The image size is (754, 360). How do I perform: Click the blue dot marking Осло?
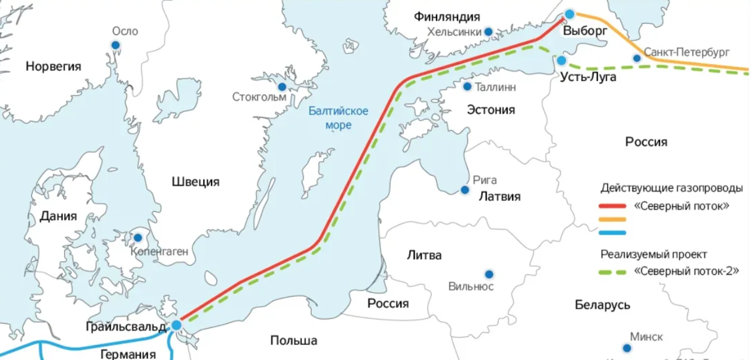click(116, 45)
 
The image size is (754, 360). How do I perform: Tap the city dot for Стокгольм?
click(282, 86)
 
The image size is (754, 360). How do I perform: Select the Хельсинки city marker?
click(488, 31)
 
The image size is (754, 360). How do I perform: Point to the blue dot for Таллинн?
click(467, 86)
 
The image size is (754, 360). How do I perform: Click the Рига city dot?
click(465, 190)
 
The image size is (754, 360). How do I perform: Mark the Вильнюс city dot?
click(488, 274)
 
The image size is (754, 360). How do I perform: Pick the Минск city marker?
click(626, 348)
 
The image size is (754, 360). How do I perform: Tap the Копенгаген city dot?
click(138, 238)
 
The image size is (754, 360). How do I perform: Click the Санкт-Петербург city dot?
click(637, 58)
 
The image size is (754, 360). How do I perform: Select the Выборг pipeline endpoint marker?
click(569, 14)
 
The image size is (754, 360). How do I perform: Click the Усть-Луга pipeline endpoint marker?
click(561, 60)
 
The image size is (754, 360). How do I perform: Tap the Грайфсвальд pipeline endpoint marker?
click(177, 325)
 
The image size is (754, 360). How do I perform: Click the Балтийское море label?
click(338, 118)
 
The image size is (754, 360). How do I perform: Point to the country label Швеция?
click(195, 182)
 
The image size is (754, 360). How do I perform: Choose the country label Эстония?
click(490, 110)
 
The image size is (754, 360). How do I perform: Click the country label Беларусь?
click(602, 305)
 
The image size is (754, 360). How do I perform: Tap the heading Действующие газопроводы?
click(672, 188)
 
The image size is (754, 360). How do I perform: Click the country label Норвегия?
click(53, 66)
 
